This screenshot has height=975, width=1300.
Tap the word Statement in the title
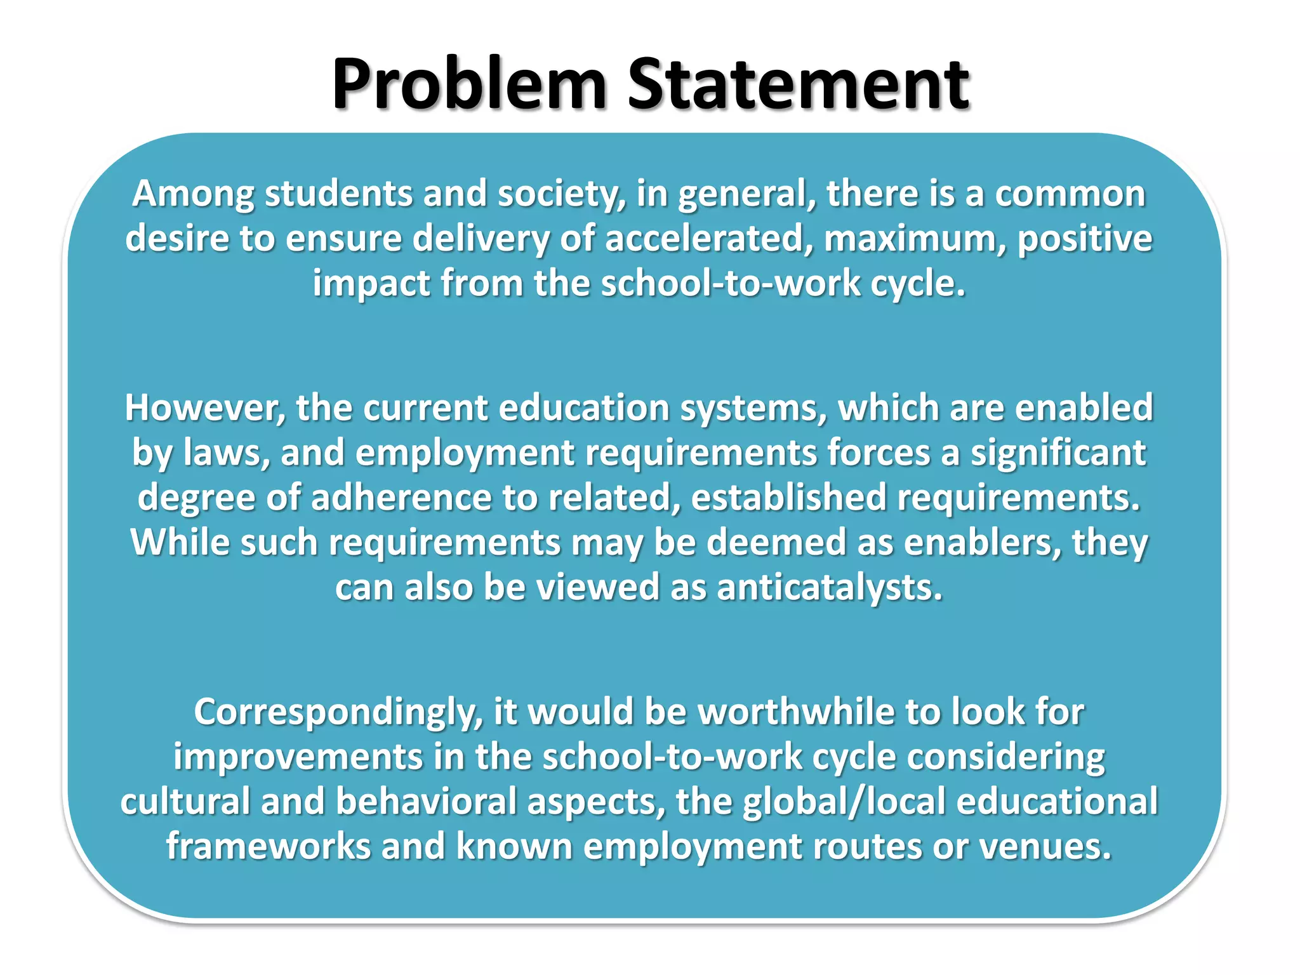coord(799,85)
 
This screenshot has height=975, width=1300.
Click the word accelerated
coord(708,239)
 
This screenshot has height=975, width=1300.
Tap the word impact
coord(371,284)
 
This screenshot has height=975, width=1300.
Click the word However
coord(204,408)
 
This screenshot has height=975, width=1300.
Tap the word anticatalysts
coord(830,588)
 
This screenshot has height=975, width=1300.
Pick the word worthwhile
coord(796,712)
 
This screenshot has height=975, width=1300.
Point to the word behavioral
coord(426,802)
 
